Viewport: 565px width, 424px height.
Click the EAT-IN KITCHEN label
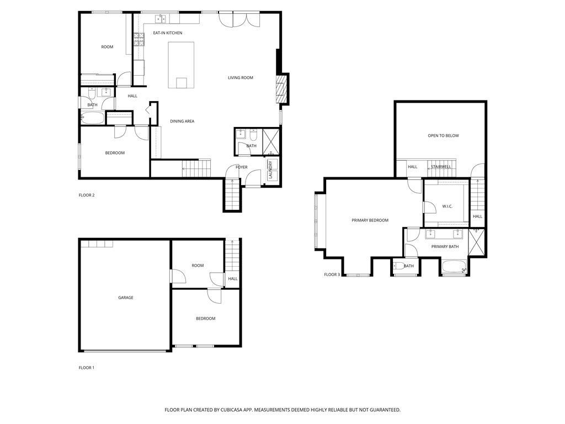pos(167,33)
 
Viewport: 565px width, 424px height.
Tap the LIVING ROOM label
pos(241,78)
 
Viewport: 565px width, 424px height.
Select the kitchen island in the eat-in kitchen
pos(182,65)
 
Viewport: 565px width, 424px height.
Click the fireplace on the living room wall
pos(281,89)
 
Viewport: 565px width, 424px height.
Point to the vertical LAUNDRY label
pos(270,169)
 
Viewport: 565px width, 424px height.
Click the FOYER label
pos(242,167)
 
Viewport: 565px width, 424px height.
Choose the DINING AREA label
pos(182,121)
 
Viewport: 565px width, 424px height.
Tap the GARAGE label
pos(126,298)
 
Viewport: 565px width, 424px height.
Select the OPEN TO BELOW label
pos(443,135)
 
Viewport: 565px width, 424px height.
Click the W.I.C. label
pos(447,206)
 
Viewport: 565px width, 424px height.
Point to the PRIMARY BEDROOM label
pos(370,220)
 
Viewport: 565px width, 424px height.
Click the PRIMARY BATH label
pos(445,247)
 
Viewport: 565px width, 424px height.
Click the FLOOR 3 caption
pos(332,274)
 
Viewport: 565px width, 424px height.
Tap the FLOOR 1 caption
pos(87,367)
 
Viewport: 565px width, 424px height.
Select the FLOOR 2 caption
pos(87,195)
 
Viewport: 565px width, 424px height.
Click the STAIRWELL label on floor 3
pos(441,167)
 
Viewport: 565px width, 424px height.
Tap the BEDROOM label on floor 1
pos(205,319)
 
